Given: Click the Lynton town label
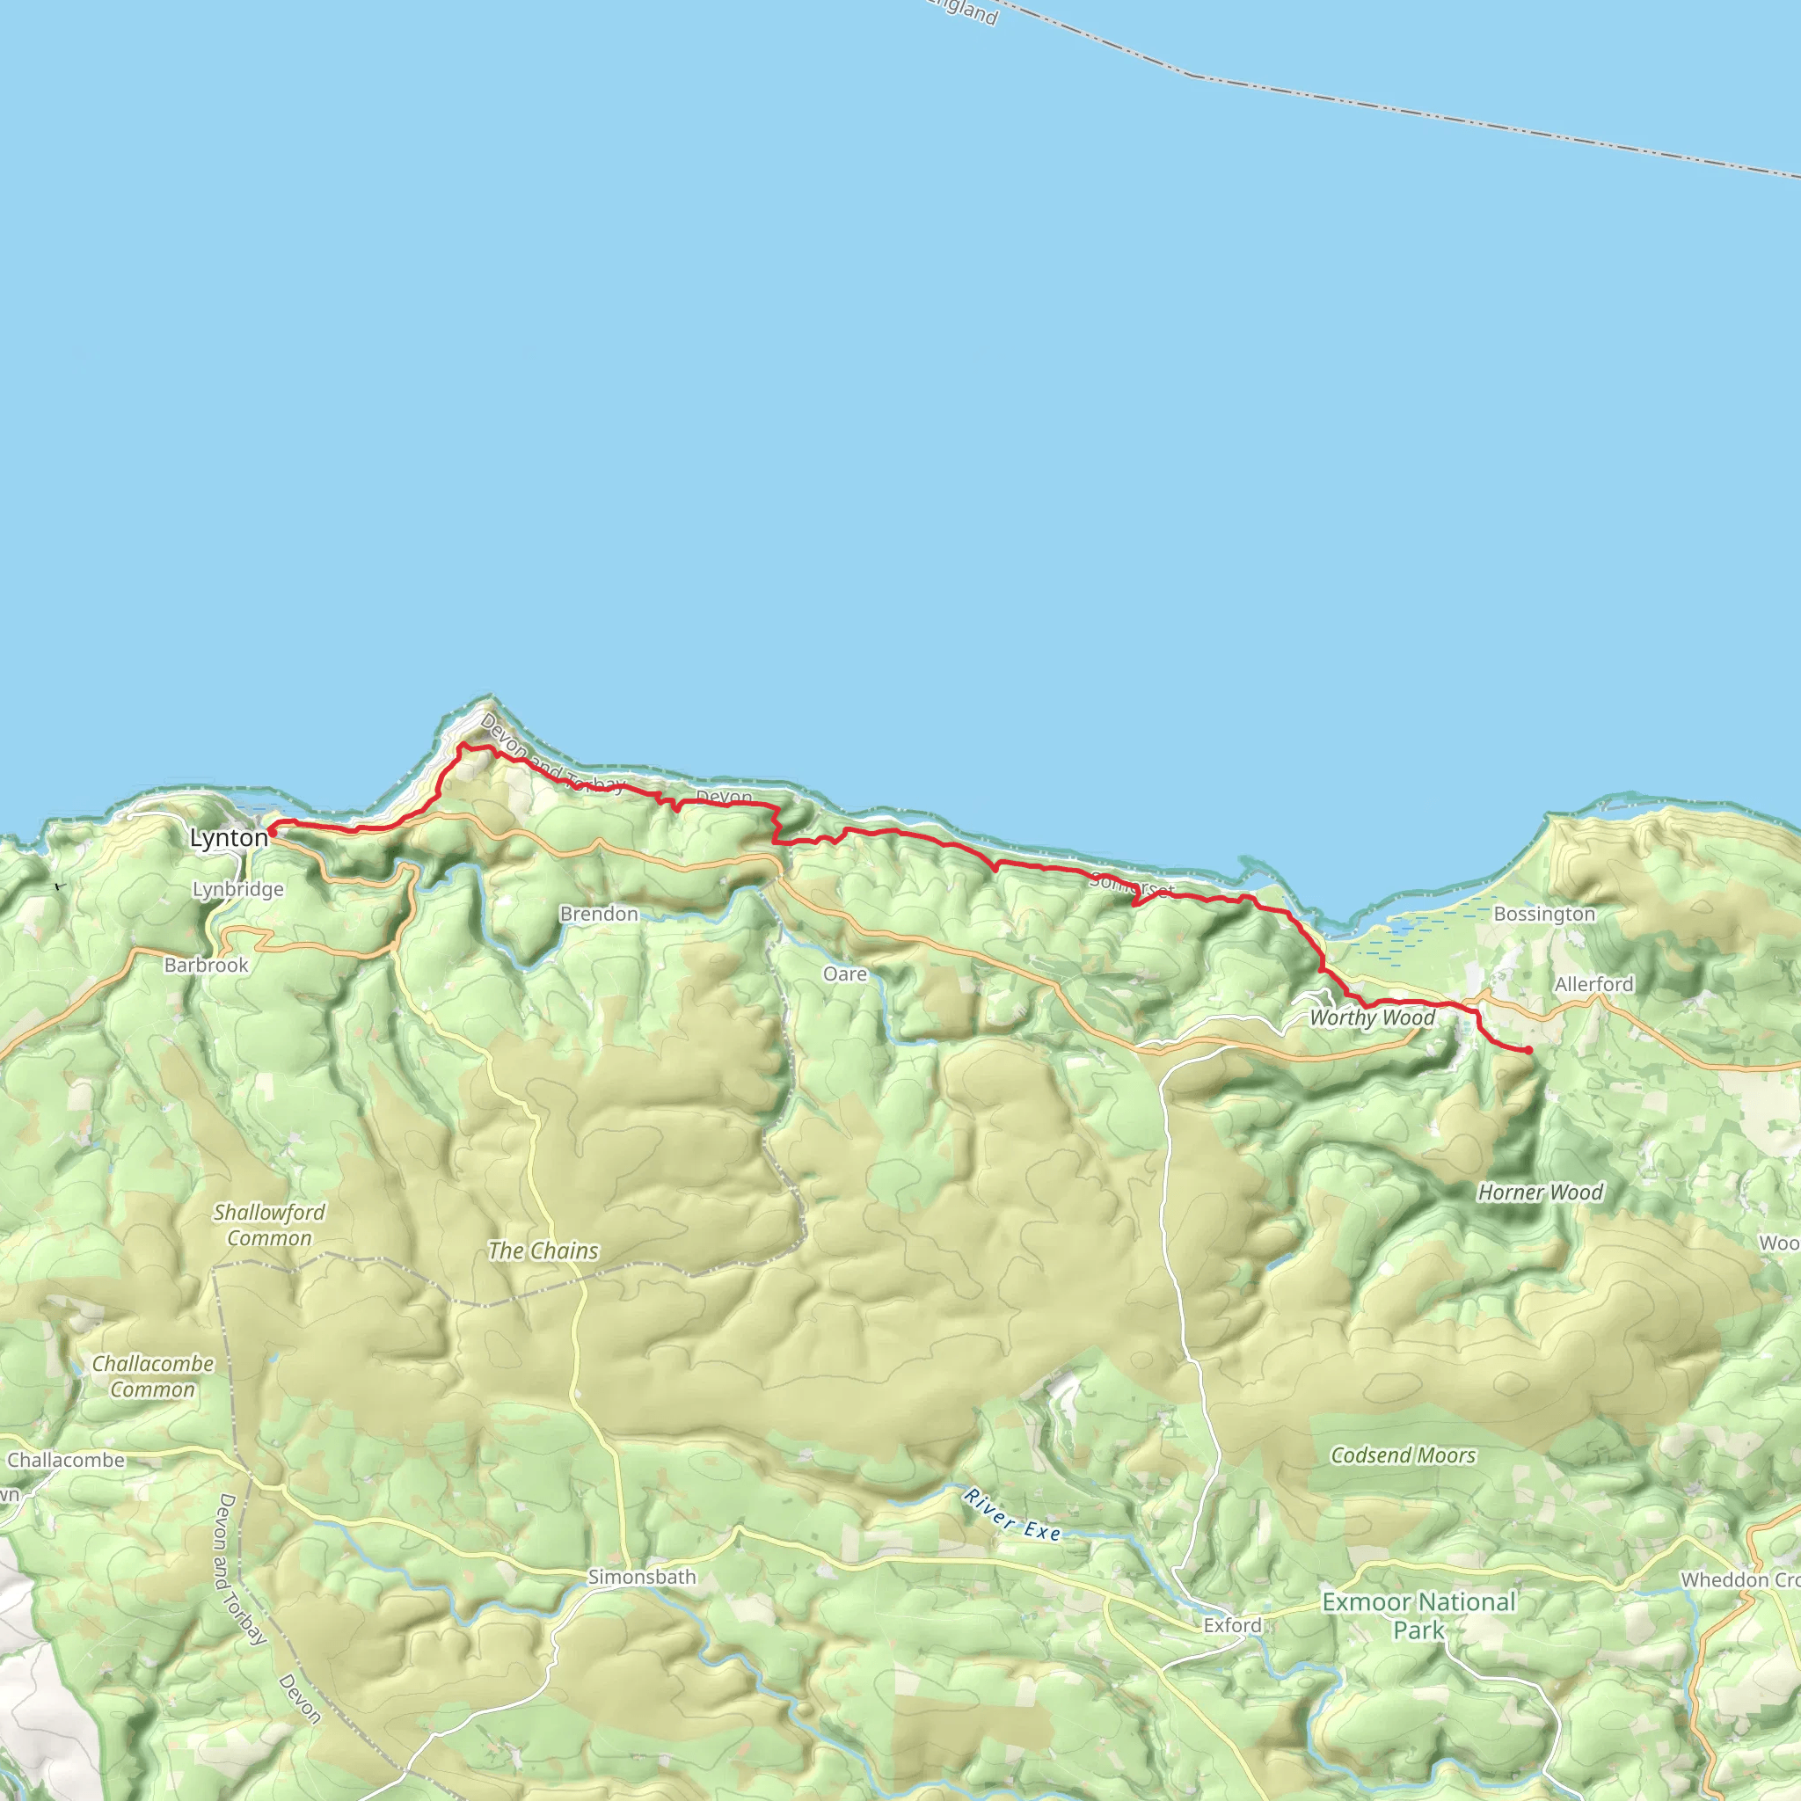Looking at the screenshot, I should (x=229, y=838).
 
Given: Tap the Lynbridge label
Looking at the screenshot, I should (x=237, y=889).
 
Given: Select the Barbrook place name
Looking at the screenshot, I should (x=206, y=965).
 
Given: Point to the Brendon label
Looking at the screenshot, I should (x=599, y=914).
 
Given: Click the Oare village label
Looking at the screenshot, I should (x=844, y=974).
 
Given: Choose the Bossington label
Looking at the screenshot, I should (x=1543, y=914).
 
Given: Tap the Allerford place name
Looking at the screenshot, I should (x=1594, y=984).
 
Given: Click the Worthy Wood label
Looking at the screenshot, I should (x=1372, y=1018).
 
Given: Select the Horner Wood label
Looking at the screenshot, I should (x=1540, y=1192).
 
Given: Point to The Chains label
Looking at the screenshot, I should (x=543, y=1251).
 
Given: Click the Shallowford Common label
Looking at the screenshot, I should (x=269, y=1225).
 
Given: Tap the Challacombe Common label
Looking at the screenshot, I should (x=153, y=1376).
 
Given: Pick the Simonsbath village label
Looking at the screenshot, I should (x=641, y=1578).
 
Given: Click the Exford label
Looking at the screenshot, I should (x=1231, y=1626).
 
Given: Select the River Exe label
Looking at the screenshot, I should (x=1012, y=1515).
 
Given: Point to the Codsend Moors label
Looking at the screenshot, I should (x=1403, y=1456).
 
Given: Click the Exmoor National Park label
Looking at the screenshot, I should (x=1418, y=1615).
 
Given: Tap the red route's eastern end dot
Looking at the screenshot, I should (x=1528, y=1051).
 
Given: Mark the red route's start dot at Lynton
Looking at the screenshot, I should (x=271, y=829).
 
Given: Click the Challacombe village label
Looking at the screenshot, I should (x=65, y=1461).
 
